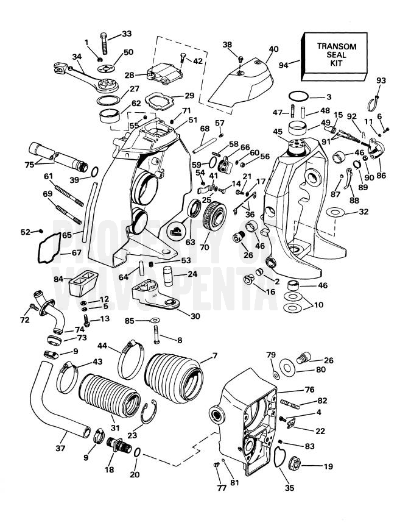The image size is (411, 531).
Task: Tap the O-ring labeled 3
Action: tap(296, 97)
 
